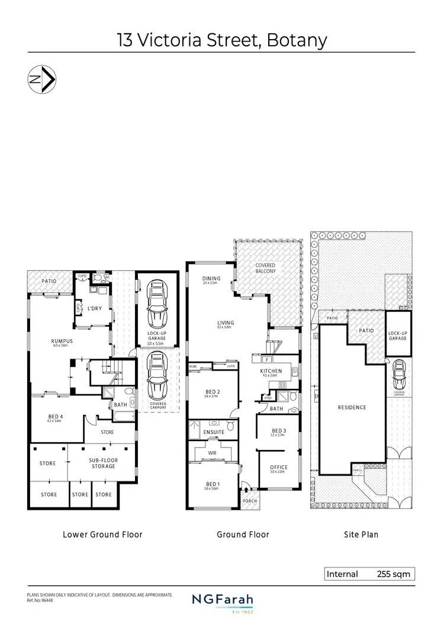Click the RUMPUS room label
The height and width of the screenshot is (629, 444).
(62, 341)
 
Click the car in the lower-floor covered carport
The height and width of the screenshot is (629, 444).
(157, 375)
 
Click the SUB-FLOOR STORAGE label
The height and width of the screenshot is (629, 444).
(102, 463)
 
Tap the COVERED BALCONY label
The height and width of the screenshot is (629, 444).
(265, 269)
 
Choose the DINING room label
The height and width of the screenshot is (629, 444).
(211, 279)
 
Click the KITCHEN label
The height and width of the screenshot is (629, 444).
(270, 371)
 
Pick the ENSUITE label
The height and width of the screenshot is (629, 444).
(214, 432)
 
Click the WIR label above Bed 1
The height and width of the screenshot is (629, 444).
(213, 453)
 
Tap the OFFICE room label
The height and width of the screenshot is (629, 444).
(278, 468)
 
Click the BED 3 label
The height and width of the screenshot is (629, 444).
(279, 430)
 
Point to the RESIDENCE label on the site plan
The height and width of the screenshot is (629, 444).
(352, 407)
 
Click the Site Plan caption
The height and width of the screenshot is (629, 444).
(361, 534)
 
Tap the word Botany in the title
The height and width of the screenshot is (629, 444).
(297, 40)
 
